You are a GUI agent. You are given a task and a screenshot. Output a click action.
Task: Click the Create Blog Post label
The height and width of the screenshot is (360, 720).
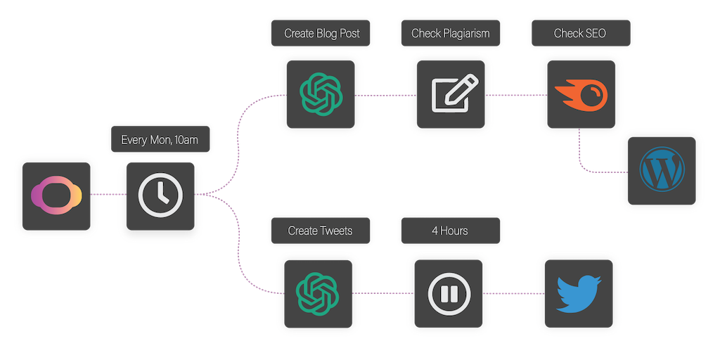point(321,33)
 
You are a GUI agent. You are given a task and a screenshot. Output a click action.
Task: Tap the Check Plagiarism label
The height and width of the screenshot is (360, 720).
point(450,33)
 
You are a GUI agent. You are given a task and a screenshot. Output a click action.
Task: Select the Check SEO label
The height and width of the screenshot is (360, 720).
point(579,33)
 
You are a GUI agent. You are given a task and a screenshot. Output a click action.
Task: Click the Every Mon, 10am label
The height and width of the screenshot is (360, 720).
point(160,140)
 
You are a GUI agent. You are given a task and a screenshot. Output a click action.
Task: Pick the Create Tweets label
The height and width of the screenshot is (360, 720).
point(320,231)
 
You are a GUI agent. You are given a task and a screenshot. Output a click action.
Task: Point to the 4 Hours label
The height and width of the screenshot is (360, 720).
point(450,231)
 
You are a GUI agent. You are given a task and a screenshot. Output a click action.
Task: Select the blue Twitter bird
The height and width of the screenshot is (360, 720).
point(578,293)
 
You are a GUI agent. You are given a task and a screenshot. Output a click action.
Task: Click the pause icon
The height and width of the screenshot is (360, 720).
point(449,293)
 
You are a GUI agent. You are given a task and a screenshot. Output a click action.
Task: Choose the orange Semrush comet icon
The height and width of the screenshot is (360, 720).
point(579,95)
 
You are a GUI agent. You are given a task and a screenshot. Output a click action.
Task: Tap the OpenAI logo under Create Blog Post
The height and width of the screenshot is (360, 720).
point(321,95)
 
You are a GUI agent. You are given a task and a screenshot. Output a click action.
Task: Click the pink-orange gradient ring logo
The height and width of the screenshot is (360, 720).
point(56,194)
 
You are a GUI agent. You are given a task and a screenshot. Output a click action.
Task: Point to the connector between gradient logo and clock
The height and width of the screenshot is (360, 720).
point(108,194)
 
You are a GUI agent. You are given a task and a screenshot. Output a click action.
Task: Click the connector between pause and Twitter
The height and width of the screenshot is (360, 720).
point(513,293)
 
